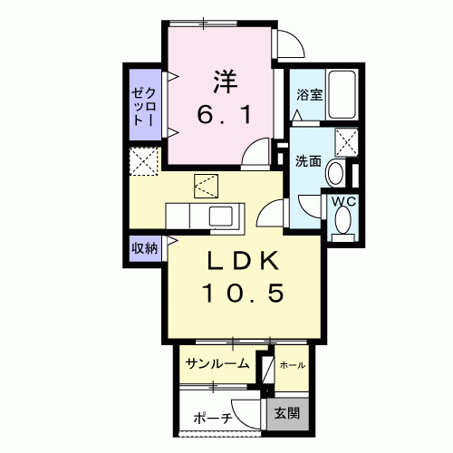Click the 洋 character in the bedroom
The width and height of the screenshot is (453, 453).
point(225,82)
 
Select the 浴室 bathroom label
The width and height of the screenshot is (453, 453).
point(309,95)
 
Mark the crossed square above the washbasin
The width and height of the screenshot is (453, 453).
point(346,143)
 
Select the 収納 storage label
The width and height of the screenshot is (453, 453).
point(145,246)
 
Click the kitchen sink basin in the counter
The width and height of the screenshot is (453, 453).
point(222,217)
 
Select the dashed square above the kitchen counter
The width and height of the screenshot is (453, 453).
point(206,188)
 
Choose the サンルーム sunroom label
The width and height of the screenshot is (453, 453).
point(217,364)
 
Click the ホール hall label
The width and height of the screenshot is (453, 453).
point(292,364)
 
